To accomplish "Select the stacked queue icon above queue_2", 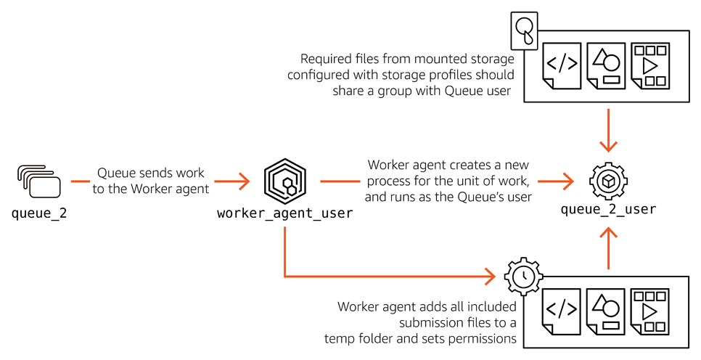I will [x=38, y=181].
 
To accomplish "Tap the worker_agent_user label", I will [x=285, y=213].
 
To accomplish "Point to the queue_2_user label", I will [x=608, y=210].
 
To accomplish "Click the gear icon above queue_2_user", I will [x=608, y=181].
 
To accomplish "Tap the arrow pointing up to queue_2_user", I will [x=608, y=247].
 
